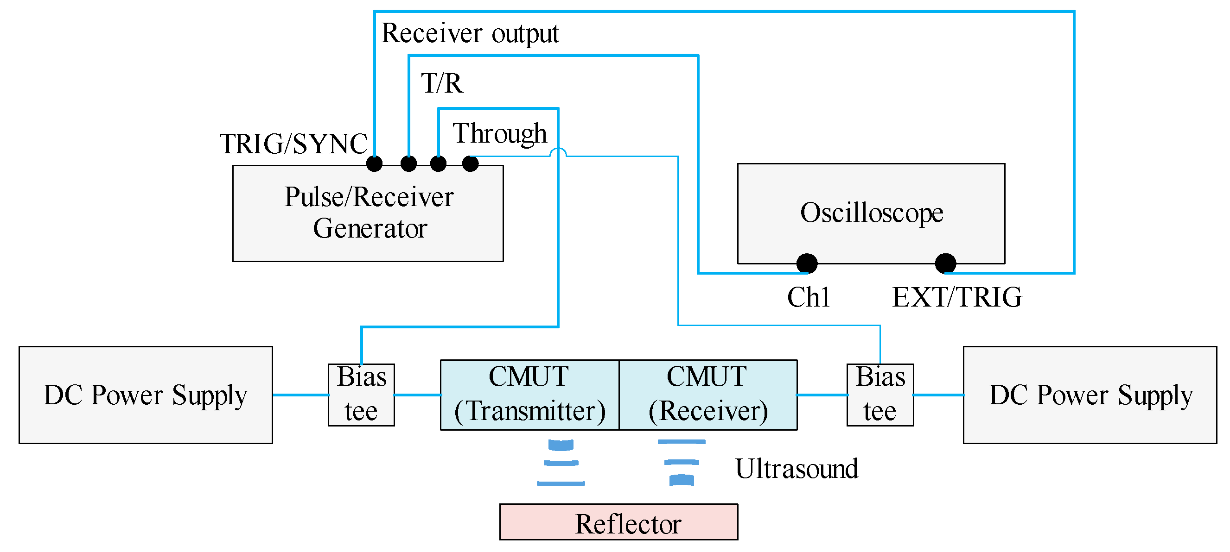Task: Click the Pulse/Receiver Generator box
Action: pyautogui.click(x=368, y=213)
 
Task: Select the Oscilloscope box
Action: pyautogui.click(x=871, y=213)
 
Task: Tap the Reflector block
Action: pyautogui.click(x=618, y=522)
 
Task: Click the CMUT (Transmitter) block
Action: pyautogui.click(x=529, y=395)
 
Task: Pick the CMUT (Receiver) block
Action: pyautogui.click(x=708, y=395)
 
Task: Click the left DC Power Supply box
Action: pyautogui.click(x=146, y=395)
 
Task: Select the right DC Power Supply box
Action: pyautogui.click(x=1090, y=395)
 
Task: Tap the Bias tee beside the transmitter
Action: pyautogui.click(x=361, y=395)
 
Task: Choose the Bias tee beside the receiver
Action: pyautogui.click(x=880, y=395)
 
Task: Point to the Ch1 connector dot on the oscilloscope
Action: pyautogui.click(x=807, y=263)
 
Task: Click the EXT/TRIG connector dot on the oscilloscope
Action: pyautogui.click(x=945, y=263)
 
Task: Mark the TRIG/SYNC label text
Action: pyautogui.click(x=293, y=144)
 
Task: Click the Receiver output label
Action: pyautogui.click(x=470, y=33)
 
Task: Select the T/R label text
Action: pyautogui.click(x=442, y=83)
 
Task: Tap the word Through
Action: pyautogui.click(x=499, y=133)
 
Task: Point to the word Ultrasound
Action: pyautogui.click(x=797, y=469)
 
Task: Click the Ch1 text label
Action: pyautogui.click(x=809, y=297)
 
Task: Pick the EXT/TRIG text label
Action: pyautogui.click(x=957, y=297)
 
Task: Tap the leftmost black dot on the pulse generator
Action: pyautogui.click(x=374, y=163)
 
